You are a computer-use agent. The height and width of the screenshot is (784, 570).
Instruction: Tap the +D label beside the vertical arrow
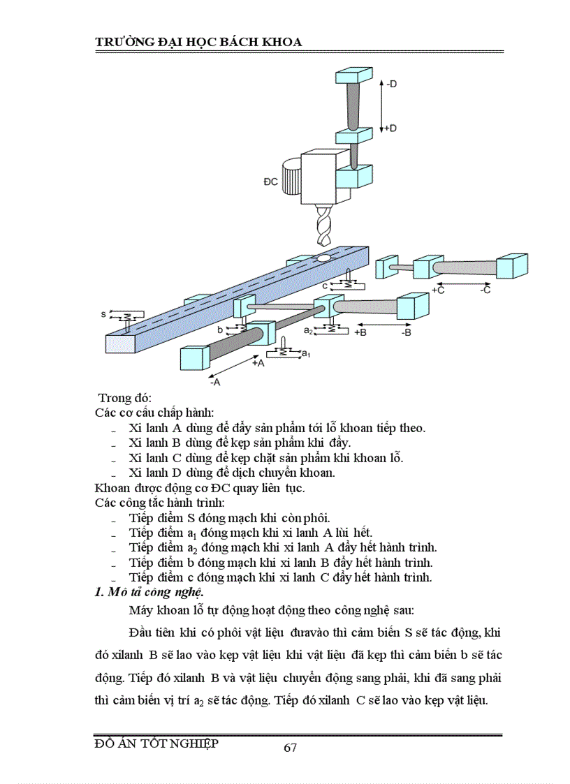[x=390, y=128]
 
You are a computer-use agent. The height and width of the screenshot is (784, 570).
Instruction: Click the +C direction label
[x=438, y=290]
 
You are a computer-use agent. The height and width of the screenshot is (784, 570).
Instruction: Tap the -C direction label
[x=486, y=290]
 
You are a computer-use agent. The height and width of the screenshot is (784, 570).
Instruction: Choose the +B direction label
[x=361, y=334]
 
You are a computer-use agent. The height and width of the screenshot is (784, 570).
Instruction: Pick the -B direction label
[x=407, y=334]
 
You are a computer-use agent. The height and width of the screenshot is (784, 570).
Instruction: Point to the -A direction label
[x=215, y=382]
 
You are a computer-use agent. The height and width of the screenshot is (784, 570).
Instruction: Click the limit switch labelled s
[x=125, y=318]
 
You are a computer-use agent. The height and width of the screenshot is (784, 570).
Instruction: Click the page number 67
[x=291, y=748]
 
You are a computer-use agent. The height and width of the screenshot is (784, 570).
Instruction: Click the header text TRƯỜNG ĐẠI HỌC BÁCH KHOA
[x=198, y=43]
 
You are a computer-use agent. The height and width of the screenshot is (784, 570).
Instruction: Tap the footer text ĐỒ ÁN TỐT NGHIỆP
[x=156, y=744]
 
